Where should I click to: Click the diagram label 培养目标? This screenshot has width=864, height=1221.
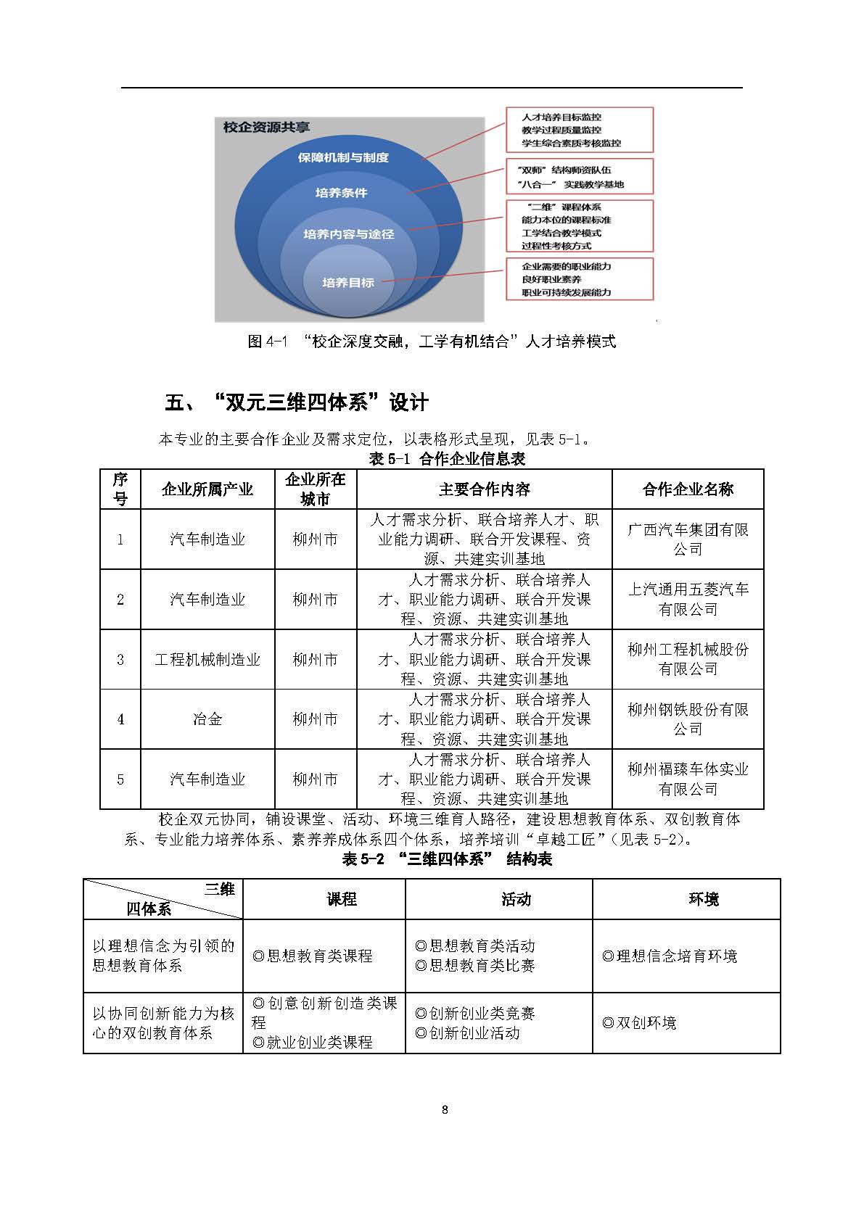(x=348, y=283)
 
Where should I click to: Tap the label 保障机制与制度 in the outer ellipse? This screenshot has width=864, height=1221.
(x=343, y=157)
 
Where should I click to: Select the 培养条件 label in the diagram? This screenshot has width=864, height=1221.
(x=341, y=193)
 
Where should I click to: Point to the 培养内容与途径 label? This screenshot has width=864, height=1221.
(x=349, y=234)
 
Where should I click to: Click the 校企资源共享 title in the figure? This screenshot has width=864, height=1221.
(x=266, y=128)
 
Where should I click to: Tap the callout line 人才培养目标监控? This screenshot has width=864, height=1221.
(x=561, y=117)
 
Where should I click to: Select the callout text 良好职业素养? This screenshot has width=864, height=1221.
(x=551, y=279)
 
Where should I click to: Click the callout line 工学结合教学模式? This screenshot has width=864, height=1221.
(x=561, y=233)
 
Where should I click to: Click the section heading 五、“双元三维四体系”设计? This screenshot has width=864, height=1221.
(x=297, y=402)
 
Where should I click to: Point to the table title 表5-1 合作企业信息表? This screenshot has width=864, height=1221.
(x=447, y=458)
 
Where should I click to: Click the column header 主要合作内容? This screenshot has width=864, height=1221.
(x=484, y=489)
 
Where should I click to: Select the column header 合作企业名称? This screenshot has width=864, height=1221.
(x=687, y=489)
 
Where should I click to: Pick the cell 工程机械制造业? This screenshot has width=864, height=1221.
(x=207, y=660)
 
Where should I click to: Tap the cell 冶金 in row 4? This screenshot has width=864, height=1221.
(x=207, y=719)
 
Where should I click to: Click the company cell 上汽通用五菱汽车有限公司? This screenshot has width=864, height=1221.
(x=687, y=600)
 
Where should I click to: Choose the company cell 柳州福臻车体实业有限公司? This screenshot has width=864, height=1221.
(x=687, y=779)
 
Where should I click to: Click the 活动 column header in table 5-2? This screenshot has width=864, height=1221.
(x=516, y=900)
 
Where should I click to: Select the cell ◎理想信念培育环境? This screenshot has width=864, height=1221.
(x=670, y=956)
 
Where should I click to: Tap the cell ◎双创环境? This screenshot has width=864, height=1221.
(x=639, y=1023)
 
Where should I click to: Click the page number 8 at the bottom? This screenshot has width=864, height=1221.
(x=445, y=1109)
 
